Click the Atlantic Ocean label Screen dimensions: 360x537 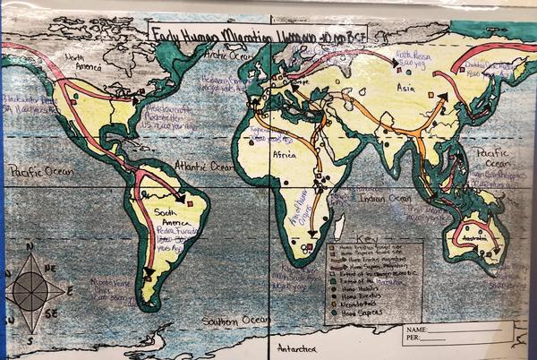[x=204, y=167]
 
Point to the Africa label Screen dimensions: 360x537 [x=284, y=154]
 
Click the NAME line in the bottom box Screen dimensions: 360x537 [x=456, y=330]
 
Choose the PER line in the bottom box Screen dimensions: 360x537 [x=456, y=341]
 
